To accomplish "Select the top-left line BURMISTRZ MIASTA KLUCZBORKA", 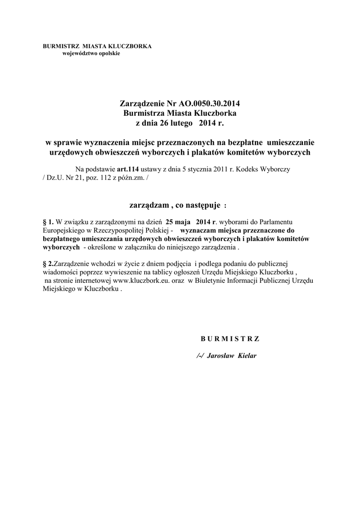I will click(97, 46).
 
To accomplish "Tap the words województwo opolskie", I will click(91, 53).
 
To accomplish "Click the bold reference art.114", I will click(128, 169).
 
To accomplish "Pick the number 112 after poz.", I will click(116, 177).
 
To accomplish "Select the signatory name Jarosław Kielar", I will click(233, 356).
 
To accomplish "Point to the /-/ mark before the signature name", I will click(200, 356).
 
